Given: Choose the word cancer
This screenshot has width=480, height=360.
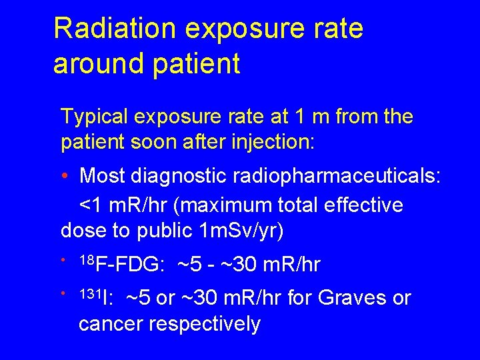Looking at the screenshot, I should pos(111,324).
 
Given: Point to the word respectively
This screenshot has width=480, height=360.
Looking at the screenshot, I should pos(204,324).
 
